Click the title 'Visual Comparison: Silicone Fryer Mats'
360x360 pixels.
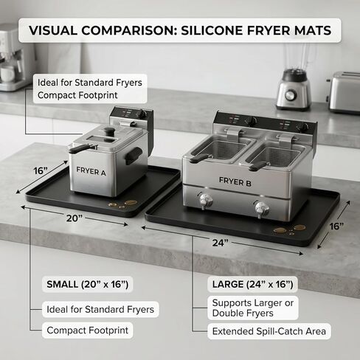[180, 30]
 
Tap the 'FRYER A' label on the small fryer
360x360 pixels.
[91, 171]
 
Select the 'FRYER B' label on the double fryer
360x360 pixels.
[235, 181]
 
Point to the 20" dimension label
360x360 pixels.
[74, 218]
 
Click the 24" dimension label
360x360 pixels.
[221, 243]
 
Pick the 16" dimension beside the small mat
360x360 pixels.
[40, 170]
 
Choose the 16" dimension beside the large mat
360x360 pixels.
[336, 226]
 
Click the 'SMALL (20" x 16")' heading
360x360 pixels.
[88, 284]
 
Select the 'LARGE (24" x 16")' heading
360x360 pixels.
[252, 284]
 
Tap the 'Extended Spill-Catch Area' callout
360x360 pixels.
[269, 331]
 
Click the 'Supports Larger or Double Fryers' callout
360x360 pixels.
[253, 308]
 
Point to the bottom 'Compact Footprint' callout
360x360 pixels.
[88, 330]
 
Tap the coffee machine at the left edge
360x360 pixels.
[13, 58]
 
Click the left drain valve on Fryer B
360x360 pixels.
[205, 201]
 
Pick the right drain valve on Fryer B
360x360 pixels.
[261, 209]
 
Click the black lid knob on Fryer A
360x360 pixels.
[108, 131]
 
